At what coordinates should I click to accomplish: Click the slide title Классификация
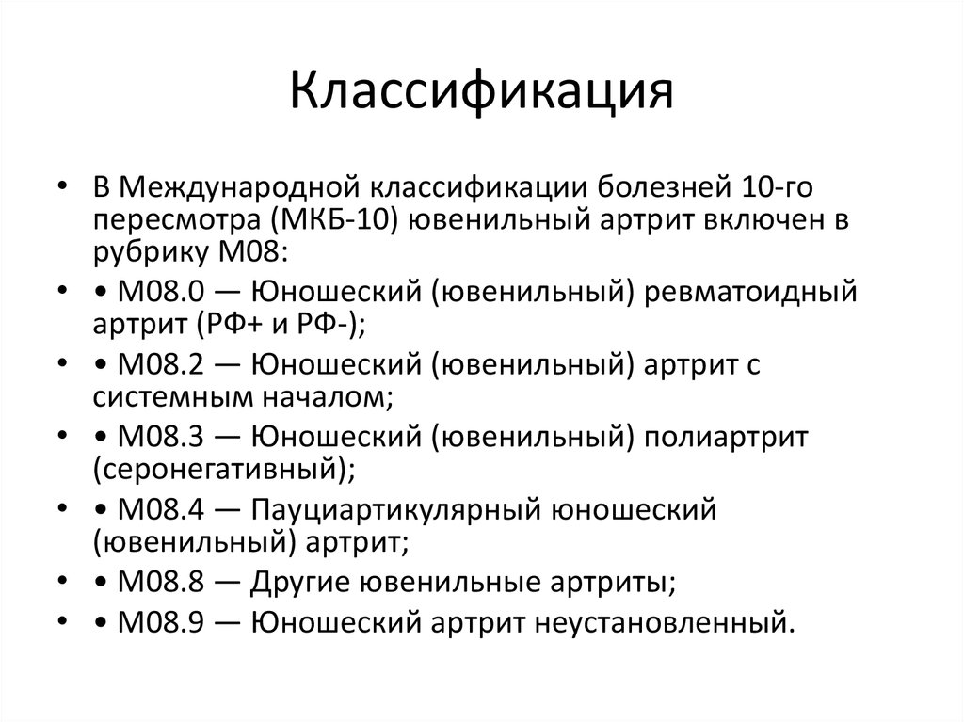[481, 93]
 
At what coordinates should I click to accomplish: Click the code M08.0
[154, 293]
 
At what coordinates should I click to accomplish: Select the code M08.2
[154, 366]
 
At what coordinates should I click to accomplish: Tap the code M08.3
[154, 439]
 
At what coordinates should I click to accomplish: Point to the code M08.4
[154, 511]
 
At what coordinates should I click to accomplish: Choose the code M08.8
[154, 584]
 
